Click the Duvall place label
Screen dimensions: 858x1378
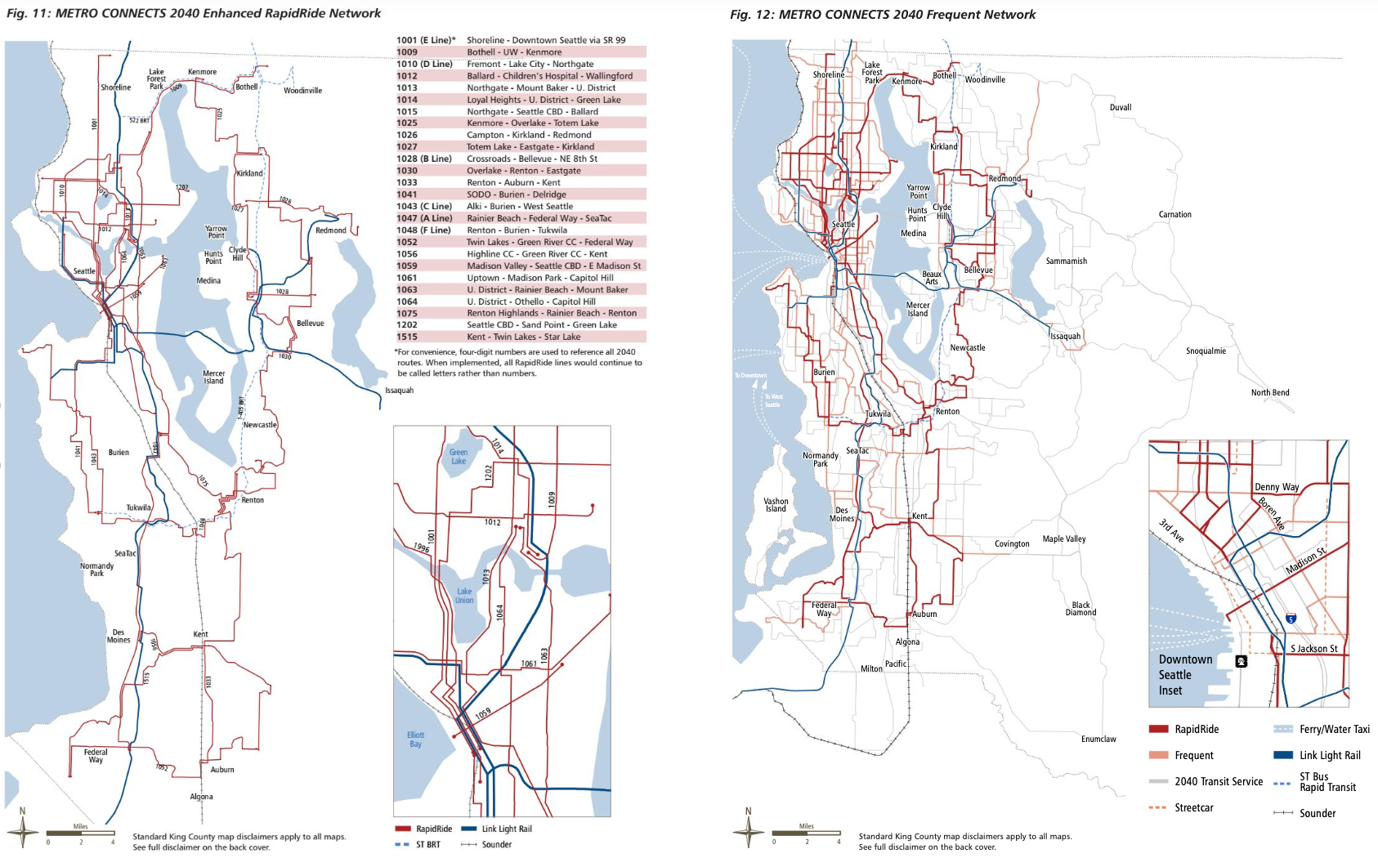click(x=1120, y=107)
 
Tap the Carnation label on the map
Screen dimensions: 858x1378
click(x=1174, y=214)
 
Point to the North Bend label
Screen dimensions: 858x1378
click(x=1269, y=392)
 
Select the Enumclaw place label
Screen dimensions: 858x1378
click(x=1098, y=739)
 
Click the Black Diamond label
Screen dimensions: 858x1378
click(x=1080, y=609)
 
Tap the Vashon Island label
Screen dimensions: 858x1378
click(x=776, y=505)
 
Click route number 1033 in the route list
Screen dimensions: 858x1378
click(x=407, y=182)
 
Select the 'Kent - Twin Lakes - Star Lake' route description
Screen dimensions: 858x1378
click(x=523, y=337)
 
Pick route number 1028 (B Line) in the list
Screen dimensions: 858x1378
click(x=423, y=159)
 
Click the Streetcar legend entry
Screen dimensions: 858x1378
click(x=1193, y=807)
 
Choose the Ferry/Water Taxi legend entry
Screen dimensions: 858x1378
click(x=1334, y=729)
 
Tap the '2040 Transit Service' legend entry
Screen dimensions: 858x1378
click(x=1218, y=781)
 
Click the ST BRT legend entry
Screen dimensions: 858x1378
click(x=427, y=844)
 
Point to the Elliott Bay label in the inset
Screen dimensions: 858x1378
click(x=415, y=739)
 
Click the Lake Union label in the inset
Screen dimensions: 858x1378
click(x=464, y=596)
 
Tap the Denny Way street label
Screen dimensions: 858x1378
click(x=1277, y=487)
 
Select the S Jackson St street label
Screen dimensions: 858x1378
click(x=1313, y=649)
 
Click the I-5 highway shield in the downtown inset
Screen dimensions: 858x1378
click(x=1291, y=619)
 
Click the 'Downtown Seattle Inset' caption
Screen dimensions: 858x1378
click(x=1185, y=675)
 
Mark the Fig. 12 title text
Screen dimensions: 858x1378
click(x=882, y=15)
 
